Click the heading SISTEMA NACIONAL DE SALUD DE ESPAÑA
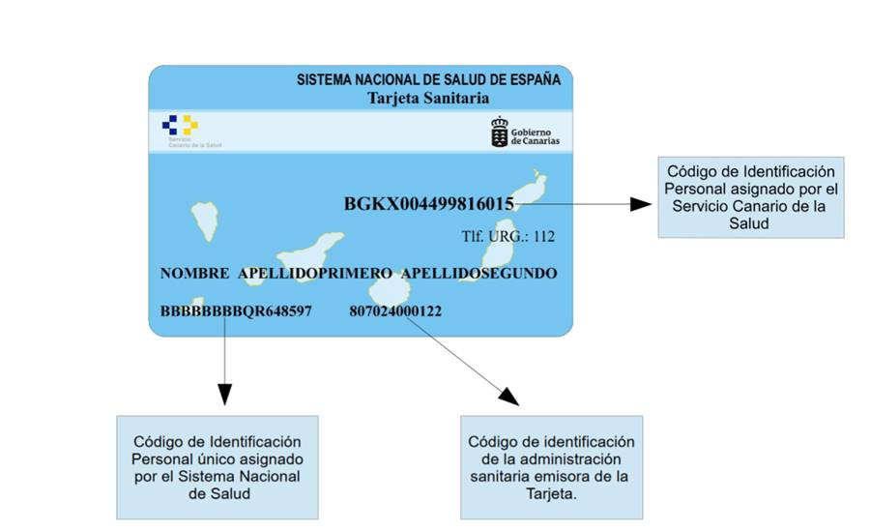click(x=428, y=80)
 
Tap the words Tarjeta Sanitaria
click(x=428, y=98)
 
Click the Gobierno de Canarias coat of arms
click(x=499, y=133)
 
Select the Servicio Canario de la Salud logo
click(x=180, y=125)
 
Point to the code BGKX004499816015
click(x=429, y=204)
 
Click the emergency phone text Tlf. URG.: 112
click(x=507, y=235)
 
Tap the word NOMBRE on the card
click(x=194, y=274)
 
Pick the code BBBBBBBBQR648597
click(x=236, y=311)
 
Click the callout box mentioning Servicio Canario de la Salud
click(x=750, y=196)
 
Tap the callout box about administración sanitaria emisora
click(x=551, y=468)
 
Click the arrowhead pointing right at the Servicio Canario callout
click(x=641, y=204)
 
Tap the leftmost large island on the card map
click(x=204, y=221)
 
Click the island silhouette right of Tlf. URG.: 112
click(x=500, y=251)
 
